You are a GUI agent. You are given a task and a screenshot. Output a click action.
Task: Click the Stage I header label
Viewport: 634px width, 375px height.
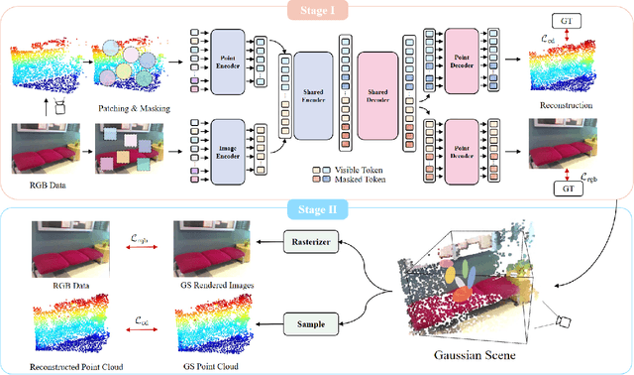tap(318, 11)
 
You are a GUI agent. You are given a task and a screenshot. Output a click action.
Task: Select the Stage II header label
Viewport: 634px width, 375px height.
tap(318, 209)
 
